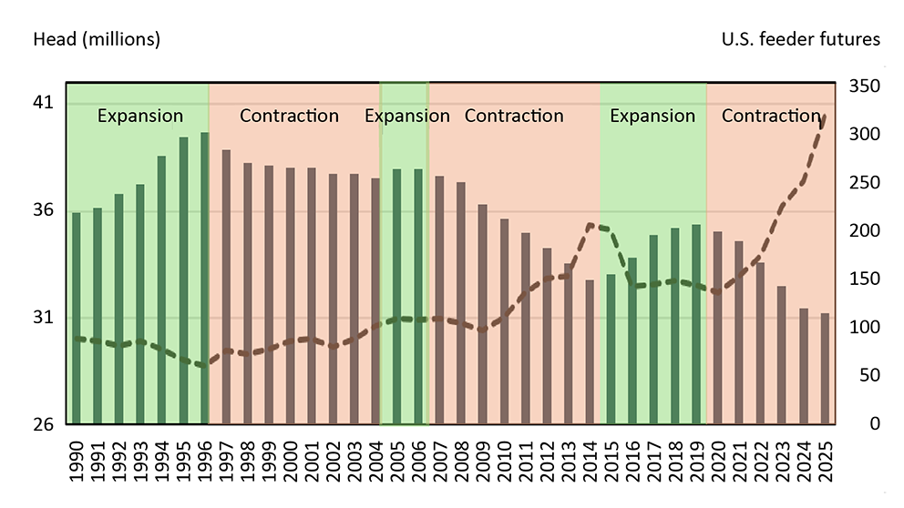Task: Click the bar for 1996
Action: coord(204,278)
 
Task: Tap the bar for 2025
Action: coord(825,368)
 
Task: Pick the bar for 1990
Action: coord(76,318)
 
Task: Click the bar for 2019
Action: coord(696,323)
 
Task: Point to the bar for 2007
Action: coord(439,300)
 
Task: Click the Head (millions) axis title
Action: coord(97,39)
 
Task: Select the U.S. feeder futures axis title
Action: coord(800,39)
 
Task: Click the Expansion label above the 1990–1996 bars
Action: coord(139,116)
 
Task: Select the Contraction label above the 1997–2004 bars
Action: coord(289,116)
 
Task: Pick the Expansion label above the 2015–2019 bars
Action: coord(652,116)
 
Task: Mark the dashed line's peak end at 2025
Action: coord(825,116)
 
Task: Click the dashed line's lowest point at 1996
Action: coord(204,365)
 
